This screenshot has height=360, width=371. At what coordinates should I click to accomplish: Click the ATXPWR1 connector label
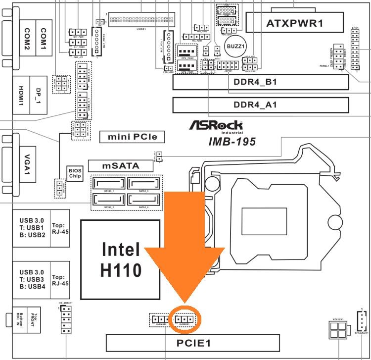pyautogui.click(x=295, y=23)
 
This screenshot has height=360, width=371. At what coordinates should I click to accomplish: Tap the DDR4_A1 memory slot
pyautogui.click(x=261, y=105)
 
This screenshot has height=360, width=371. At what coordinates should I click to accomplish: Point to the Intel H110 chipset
pyautogui.click(x=121, y=259)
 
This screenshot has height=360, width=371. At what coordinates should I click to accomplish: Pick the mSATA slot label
pyautogui.click(x=120, y=165)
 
